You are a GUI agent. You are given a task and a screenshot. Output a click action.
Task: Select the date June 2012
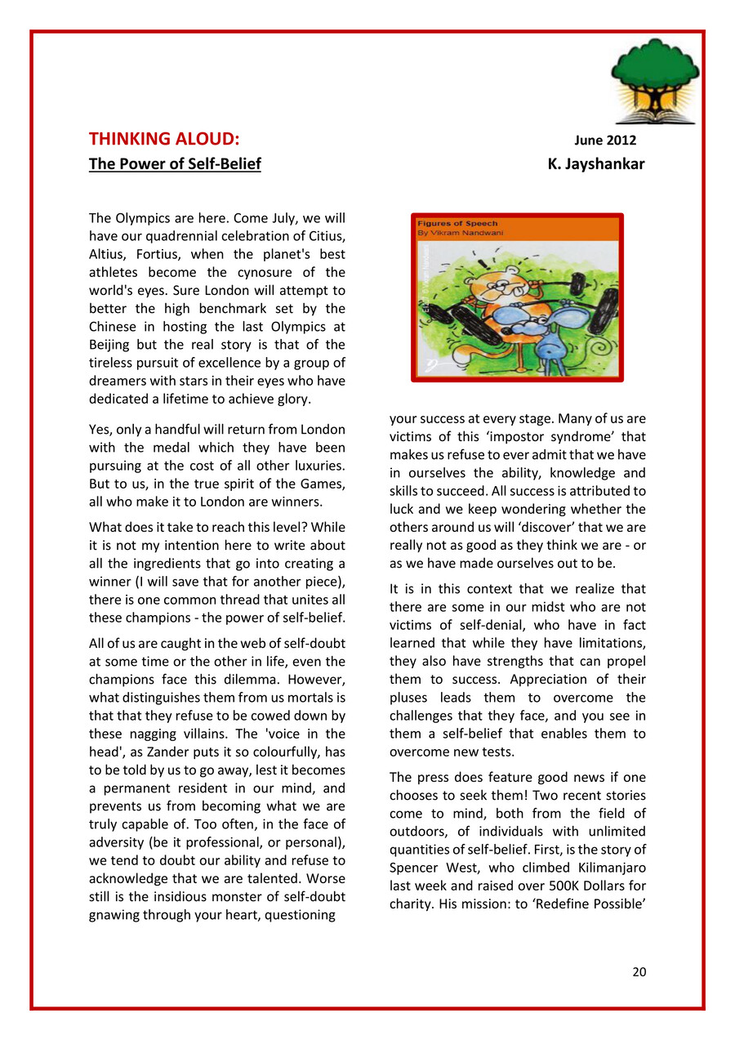click(606, 141)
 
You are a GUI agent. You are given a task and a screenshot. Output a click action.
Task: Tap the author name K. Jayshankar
click(596, 164)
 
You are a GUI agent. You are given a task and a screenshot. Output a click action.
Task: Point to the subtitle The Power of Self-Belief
click(175, 164)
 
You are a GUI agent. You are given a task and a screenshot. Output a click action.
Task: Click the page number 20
click(639, 971)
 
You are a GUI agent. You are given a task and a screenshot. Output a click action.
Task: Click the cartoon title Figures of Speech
click(457, 223)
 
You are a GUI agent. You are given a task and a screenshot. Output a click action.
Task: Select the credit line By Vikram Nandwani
click(461, 233)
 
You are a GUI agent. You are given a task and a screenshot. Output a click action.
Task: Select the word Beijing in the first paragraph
click(111, 345)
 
